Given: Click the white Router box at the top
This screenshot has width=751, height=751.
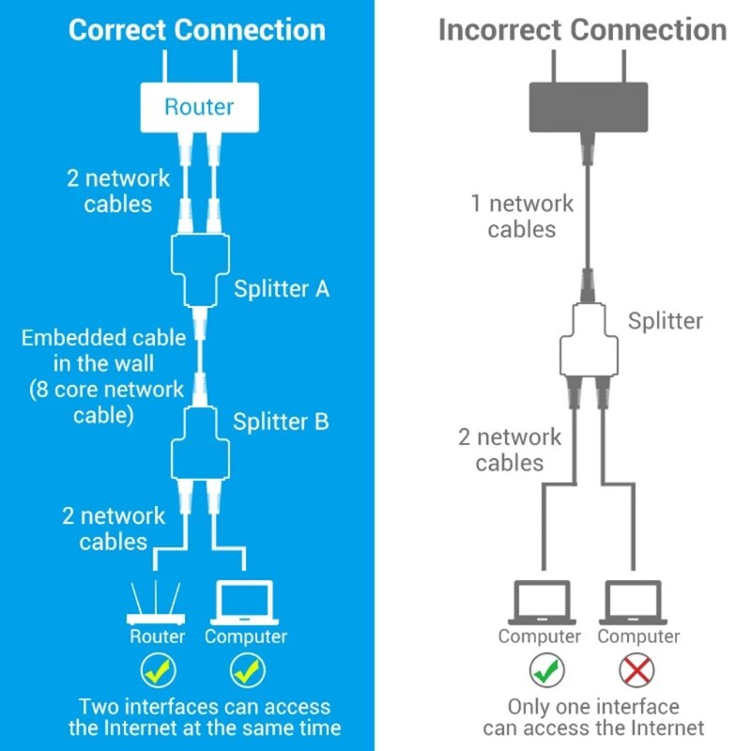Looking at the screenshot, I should [x=199, y=106].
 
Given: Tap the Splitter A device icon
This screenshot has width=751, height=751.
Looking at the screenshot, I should [x=199, y=269].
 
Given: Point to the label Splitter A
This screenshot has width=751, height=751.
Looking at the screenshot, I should [x=281, y=288].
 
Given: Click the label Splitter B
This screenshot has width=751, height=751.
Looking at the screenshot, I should [x=281, y=421].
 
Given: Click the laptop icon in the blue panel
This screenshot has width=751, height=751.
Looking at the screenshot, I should [x=245, y=603].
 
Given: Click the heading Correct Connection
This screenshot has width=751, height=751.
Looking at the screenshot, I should [x=197, y=29].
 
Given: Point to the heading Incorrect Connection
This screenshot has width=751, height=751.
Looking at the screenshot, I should [x=582, y=29].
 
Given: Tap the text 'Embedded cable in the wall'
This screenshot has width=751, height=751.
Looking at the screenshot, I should [x=103, y=350].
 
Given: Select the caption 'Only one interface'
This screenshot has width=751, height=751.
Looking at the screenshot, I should [x=592, y=706].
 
